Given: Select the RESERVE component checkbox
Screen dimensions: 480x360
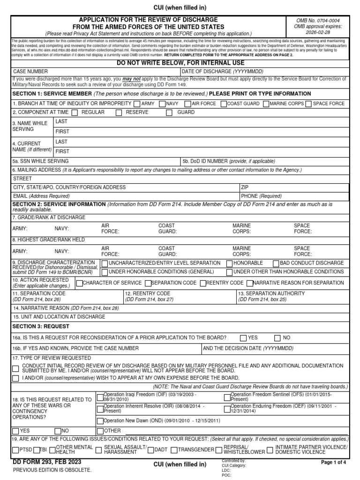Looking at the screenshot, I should click(x=119, y=112).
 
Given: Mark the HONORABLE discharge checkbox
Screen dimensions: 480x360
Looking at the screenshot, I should click(x=229, y=263).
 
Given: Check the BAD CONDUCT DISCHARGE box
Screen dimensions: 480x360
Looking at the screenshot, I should click(x=276, y=263).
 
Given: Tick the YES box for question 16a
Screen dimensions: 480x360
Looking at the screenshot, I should click(x=243, y=337).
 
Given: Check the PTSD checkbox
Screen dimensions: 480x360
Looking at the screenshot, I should click(x=15, y=450).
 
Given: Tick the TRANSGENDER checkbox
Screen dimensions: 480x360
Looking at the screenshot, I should click(x=174, y=450).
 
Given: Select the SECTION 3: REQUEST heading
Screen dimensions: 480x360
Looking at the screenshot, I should click(x=41, y=326).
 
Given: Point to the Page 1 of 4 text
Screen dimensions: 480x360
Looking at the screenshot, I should click(x=333, y=463).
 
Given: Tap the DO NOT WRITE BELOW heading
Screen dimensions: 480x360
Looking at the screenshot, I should click(x=180, y=62).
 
